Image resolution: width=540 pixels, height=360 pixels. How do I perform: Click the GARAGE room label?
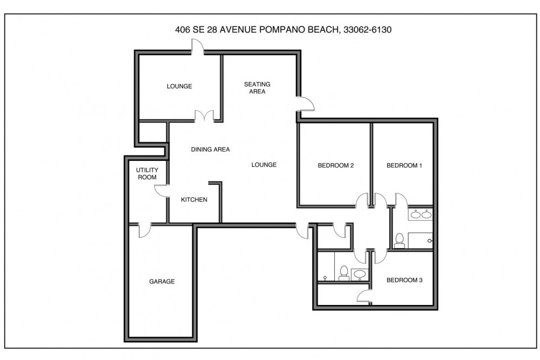click(162, 281)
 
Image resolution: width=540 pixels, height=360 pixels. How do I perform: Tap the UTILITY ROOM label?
click(147, 174)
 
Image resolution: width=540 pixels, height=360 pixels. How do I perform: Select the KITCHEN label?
click(194, 200)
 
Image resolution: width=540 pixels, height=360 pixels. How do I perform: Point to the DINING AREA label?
click(211, 150)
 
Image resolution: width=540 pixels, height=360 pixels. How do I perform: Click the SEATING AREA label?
click(257, 87)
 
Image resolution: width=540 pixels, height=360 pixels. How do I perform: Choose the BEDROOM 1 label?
click(404, 166)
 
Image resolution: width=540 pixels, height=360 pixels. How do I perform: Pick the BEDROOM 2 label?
click(335, 166)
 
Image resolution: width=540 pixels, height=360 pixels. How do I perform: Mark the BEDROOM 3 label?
click(404, 280)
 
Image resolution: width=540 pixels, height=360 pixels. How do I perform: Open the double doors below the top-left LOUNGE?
click(205, 116)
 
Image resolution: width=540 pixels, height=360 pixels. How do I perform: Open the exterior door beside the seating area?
click(305, 104)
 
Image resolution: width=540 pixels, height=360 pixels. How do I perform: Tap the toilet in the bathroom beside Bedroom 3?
click(343, 274)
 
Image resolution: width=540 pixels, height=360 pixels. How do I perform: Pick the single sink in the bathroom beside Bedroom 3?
click(360, 274)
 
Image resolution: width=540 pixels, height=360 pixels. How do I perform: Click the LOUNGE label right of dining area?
click(264, 165)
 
